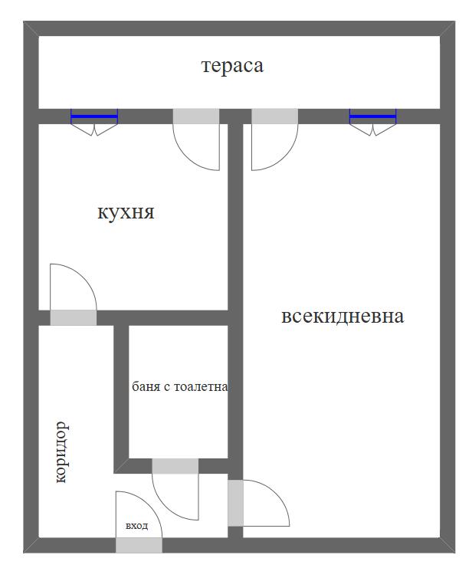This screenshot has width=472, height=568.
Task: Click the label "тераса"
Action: click(x=232, y=66)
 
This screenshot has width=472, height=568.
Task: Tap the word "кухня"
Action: click(x=126, y=212)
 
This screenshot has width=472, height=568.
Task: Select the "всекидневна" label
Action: click(x=343, y=316)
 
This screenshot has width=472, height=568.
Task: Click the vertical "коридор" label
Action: click(x=62, y=451)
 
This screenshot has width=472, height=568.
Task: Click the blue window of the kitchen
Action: click(x=94, y=117)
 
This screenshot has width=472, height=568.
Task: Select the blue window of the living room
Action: click(x=372, y=117)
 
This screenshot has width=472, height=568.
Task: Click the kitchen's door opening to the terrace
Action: click(x=195, y=117)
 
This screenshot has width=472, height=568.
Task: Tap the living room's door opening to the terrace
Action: click(x=274, y=117)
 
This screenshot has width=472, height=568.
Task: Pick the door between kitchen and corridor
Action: click(x=74, y=317)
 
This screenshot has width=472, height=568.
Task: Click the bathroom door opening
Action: click(x=175, y=466)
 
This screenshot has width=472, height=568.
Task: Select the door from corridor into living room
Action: click(x=236, y=503)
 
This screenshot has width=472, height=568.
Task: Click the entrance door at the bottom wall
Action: click(x=139, y=545)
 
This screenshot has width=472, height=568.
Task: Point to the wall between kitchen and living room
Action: click(x=236, y=215)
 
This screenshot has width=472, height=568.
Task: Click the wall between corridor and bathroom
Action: click(x=121, y=395)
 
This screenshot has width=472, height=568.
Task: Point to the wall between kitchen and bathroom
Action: click(x=176, y=317)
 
